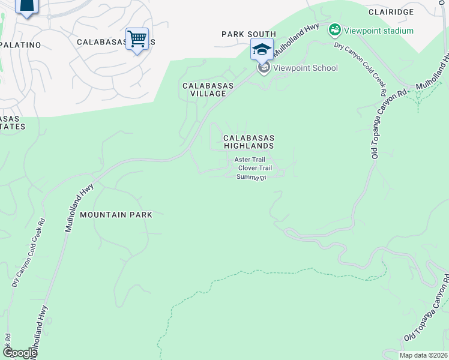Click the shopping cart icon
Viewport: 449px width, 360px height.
[137, 40]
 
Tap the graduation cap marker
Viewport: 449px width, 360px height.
[262, 49]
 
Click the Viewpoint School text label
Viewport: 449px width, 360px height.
[305, 68]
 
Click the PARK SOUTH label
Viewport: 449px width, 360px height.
[249, 34]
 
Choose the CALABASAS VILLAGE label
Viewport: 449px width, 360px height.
[204, 89]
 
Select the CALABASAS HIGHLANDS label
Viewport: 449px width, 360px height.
[249, 142]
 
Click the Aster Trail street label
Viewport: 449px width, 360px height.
[249, 160]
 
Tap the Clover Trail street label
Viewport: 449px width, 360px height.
[255, 168]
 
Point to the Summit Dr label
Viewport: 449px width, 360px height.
[251, 177]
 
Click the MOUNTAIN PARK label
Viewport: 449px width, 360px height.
[116, 214]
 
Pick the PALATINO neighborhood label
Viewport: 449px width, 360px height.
[20, 45]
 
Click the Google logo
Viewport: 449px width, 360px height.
[19, 353]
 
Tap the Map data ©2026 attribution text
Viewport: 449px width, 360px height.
[423, 355]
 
